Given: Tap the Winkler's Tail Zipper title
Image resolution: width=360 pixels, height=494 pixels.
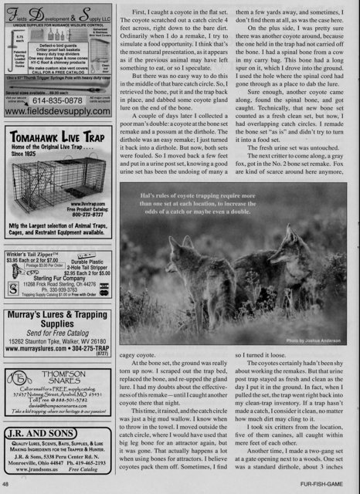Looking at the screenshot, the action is point(33,234).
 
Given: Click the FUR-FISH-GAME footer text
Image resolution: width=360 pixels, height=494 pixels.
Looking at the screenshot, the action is point(327,484).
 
